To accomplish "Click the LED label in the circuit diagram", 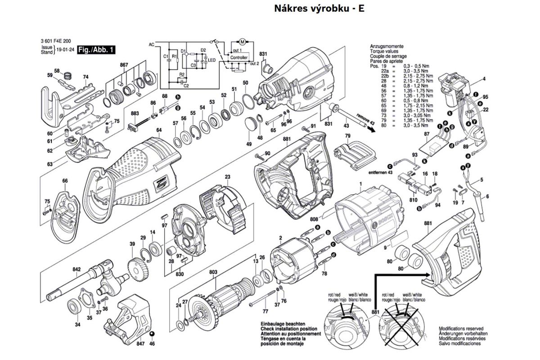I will point(211,60).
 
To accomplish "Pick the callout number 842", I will point(76,270).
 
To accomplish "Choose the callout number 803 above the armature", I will point(213,272).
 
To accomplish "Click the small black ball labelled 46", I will point(152,333).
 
